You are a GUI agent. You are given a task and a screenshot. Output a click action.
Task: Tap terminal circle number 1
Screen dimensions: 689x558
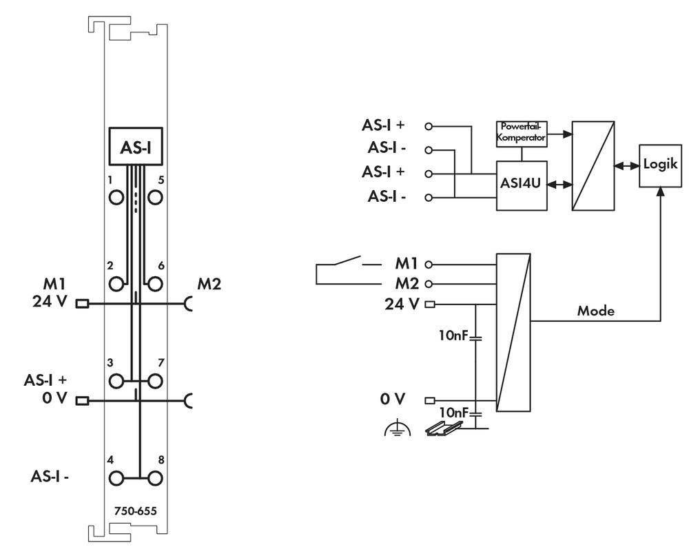click(x=116, y=197)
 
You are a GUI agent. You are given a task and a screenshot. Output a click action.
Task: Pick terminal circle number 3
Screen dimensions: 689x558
click(x=116, y=380)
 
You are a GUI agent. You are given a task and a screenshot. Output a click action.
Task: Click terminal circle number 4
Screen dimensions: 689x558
click(x=116, y=477)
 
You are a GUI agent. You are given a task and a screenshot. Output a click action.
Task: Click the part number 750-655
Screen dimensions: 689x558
click(x=136, y=510)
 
